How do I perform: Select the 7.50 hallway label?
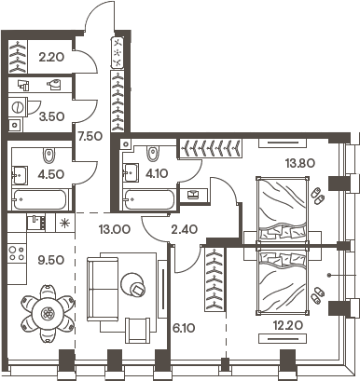pos(90,137)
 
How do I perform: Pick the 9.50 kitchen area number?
pos(50,262)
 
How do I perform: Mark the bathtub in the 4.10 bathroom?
pos(150,198)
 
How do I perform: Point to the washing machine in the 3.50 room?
pos(17,127)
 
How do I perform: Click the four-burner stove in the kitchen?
pos(16,252)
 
